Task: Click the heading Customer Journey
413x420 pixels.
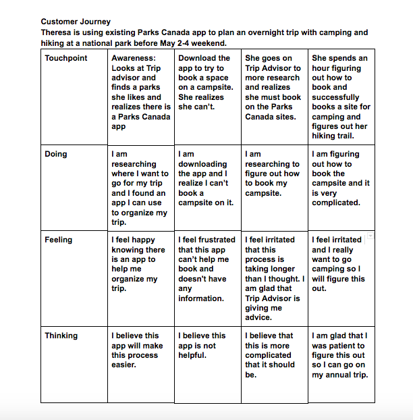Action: coord(76,22)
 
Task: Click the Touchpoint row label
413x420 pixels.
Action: coord(66,58)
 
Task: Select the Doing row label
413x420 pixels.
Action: coord(56,154)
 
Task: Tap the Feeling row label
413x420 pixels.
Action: coord(58,240)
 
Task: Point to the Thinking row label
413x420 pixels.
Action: coord(61,336)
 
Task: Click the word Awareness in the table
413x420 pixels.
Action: coord(134,58)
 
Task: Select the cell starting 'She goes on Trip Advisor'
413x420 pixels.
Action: coord(273,87)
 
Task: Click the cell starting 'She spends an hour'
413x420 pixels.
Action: coord(340,97)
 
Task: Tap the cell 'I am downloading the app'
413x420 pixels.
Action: coord(207,178)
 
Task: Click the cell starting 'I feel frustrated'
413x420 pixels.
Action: coord(207,269)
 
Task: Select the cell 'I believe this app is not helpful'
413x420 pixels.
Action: coord(202,345)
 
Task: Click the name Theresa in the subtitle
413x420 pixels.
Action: coord(57,32)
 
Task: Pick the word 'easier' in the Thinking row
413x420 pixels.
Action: coord(124,365)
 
